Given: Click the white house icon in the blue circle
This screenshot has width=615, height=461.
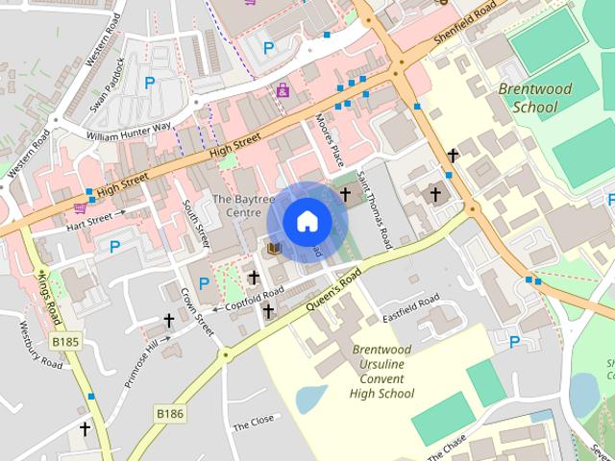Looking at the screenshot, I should tap(307, 222).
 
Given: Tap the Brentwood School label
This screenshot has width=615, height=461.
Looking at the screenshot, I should tap(535, 98).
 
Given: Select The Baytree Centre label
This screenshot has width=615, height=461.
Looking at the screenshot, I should tap(236, 206).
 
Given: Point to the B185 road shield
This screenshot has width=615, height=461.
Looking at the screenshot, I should tap(65, 342).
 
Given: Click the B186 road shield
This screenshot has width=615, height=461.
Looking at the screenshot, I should tap(169, 413).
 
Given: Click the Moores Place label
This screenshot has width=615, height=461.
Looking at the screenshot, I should tap(330, 138).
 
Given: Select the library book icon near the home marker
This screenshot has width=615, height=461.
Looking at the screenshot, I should tap(274, 249).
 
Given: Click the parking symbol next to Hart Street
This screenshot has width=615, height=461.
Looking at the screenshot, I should tap(114, 247).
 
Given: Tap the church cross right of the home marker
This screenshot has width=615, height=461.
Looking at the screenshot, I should tap(346, 194).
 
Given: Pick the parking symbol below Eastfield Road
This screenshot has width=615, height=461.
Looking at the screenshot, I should tap(514, 341).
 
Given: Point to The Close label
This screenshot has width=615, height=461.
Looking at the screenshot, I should tap(254, 423).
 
